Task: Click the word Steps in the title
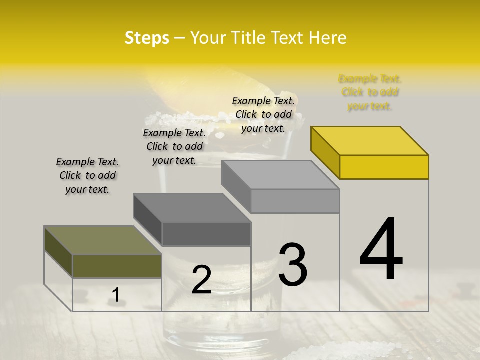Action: [x=147, y=38]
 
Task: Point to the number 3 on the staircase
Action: [x=293, y=265]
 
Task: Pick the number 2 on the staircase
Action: [x=201, y=279]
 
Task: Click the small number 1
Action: [x=115, y=295]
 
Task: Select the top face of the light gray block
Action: [x=280, y=175]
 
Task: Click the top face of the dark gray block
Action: [x=192, y=208]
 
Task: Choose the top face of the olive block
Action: [x=103, y=240]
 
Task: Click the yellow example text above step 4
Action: [x=370, y=92]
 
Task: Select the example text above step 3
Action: [x=263, y=114]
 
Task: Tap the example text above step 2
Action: [x=174, y=146]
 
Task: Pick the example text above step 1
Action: [x=87, y=175]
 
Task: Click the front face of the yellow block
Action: [x=384, y=167]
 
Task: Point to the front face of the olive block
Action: [x=117, y=266]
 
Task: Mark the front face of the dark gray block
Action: [x=206, y=234]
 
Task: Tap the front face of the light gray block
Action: [x=295, y=201]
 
